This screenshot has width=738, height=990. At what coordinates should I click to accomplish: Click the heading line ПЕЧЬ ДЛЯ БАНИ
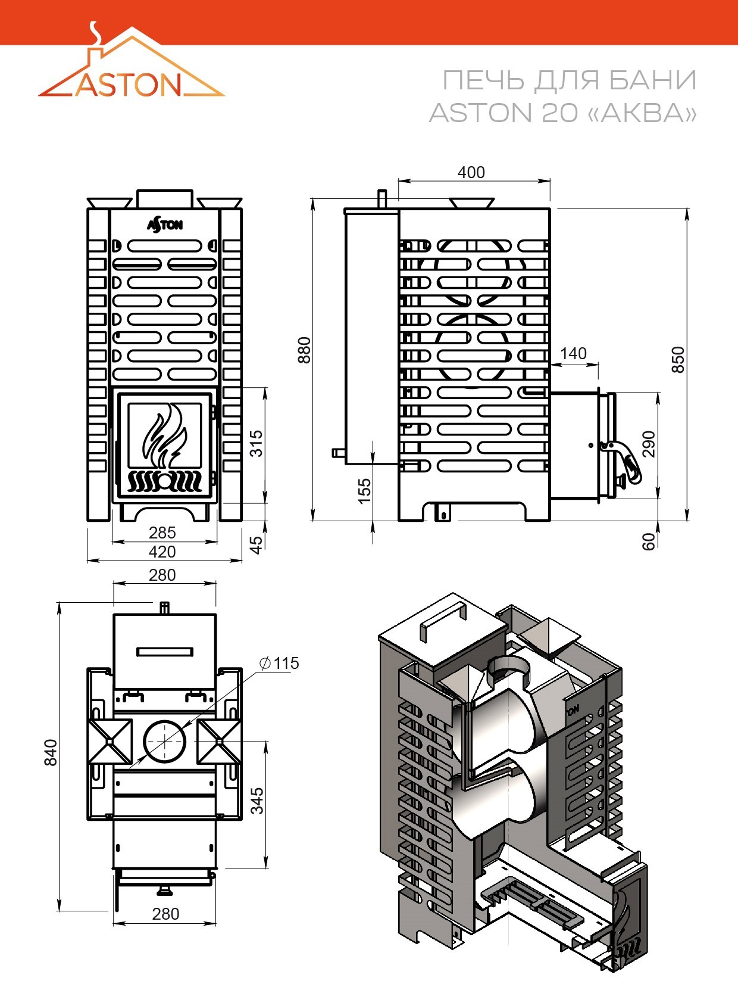(x=570, y=81)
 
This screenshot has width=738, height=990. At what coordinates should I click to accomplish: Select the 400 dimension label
(x=471, y=172)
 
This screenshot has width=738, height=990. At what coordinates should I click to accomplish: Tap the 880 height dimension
(x=305, y=350)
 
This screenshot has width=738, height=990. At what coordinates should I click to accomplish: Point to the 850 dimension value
(x=678, y=359)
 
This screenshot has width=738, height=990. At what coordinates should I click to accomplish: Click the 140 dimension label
(x=573, y=354)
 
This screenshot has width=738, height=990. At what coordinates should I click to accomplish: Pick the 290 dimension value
(x=648, y=444)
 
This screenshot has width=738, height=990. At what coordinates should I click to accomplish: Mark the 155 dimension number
(x=364, y=491)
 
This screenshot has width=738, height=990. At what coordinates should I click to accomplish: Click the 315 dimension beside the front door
(x=256, y=443)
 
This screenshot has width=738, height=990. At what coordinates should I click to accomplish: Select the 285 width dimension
(x=162, y=533)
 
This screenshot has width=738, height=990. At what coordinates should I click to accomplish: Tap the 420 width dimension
(x=162, y=552)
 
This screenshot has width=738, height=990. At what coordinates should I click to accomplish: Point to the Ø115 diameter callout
(x=279, y=663)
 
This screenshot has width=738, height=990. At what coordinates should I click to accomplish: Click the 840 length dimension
(x=51, y=752)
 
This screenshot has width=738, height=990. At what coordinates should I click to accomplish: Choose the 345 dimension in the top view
(x=257, y=801)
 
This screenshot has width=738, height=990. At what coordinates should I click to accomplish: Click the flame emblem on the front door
(x=164, y=434)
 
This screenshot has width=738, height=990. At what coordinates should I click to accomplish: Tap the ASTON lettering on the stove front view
(x=165, y=225)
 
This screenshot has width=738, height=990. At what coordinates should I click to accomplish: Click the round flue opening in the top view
(x=164, y=741)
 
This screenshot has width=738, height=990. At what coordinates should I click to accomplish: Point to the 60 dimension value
(x=648, y=541)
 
